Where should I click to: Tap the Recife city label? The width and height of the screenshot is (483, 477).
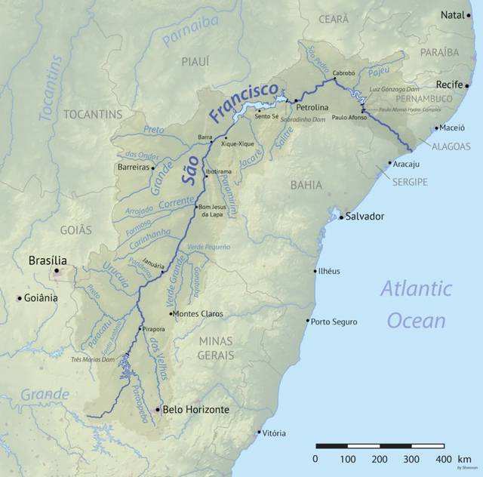(x=453, y=85)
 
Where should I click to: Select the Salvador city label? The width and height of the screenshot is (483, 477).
(x=365, y=217)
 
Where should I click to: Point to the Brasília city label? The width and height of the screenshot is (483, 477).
(x=48, y=260)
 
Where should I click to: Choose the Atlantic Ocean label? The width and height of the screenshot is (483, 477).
(x=416, y=304)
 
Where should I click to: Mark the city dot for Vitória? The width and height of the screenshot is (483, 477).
(x=258, y=432)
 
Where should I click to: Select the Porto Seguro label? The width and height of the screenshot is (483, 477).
(x=334, y=322)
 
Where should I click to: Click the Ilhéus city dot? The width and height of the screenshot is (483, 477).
(x=315, y=271)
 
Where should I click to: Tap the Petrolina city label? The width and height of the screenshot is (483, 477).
(x=312, y=108)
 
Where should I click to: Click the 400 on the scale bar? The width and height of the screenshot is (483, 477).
(x=443, y=459)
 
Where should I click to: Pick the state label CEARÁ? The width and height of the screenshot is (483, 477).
(x=334, y=19)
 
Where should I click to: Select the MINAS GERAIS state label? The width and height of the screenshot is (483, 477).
(x=215, y=348)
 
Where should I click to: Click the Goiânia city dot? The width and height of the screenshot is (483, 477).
(x=20, y=298)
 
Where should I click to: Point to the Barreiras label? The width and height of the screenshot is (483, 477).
(x=134, y=168)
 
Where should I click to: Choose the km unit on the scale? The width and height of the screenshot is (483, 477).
(x=465, y=459)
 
